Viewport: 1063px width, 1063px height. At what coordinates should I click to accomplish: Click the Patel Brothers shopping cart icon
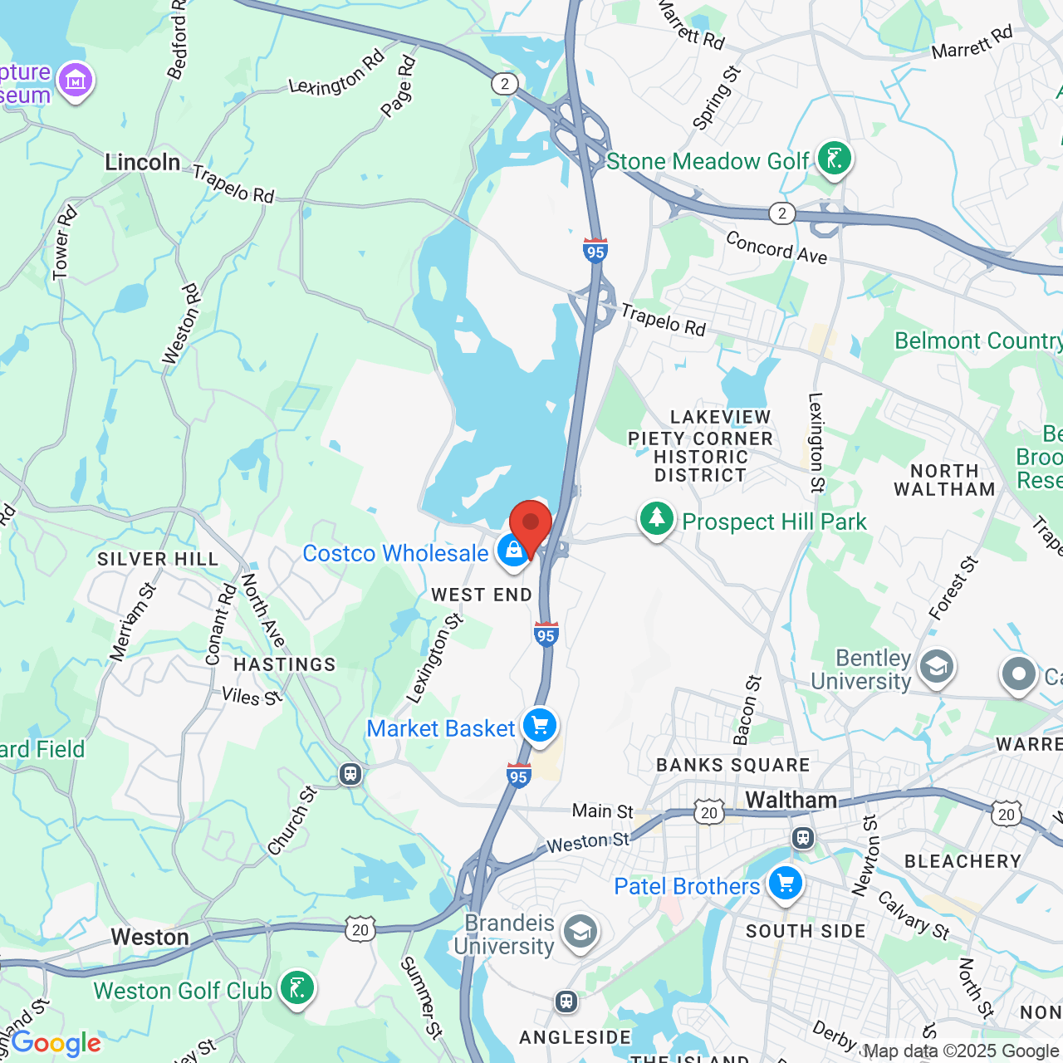[x=785, y=884]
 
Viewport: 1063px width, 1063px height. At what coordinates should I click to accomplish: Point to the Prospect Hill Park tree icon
[x=656, y=519]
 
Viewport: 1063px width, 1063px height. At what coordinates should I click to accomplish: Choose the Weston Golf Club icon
[x=296, y=988]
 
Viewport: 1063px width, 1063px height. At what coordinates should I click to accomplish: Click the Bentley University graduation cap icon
[x=937, y=668]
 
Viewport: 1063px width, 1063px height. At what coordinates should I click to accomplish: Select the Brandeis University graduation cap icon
[x=580, y=932]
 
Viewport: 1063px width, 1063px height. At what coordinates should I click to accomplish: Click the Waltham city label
[x=791, y=800]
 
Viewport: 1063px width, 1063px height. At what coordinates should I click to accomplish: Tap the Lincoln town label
[x=142, y=162]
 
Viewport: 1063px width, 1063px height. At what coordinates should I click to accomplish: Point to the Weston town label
[x=150, y=937]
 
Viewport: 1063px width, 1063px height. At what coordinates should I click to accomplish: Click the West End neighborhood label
[x=482, y=595]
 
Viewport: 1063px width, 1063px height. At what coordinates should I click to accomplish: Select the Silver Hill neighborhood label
[x=158, y=559]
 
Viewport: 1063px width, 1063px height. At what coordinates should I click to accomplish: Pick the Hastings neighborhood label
[x=285, y=664]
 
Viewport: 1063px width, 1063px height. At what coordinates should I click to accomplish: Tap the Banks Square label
[x=732, y=765]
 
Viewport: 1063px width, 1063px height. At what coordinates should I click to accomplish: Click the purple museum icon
[x=76, y=82]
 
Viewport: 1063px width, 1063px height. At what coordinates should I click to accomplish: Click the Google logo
[x=56, y=1043]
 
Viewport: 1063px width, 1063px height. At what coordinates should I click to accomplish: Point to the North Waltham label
[x=944, y=480]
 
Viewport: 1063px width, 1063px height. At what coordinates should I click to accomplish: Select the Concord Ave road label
[x=776, y=247]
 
